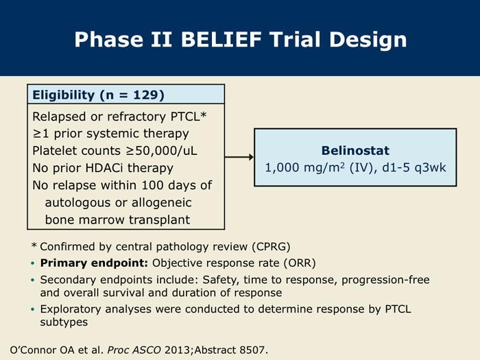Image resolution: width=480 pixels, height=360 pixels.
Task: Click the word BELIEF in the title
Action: click(221, 39)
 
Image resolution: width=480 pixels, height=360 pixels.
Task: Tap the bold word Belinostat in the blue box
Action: click(355, 150)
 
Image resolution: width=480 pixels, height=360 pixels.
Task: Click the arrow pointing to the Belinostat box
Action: click(239, 157)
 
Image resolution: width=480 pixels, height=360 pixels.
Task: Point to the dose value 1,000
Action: click(282, 168)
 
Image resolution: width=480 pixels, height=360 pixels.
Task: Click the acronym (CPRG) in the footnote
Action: click(271, 246)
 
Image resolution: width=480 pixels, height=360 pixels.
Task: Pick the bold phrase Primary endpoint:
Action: click(94, 263)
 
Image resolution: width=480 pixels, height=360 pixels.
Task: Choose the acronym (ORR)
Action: click(300, 263)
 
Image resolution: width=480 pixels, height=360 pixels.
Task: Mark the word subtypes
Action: click(64, 322)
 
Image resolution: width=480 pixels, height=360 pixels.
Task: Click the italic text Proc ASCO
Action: click(134, 350)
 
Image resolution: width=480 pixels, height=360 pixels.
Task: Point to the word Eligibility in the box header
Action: click(63, 95)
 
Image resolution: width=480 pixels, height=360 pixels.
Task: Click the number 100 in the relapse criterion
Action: click(152, 185)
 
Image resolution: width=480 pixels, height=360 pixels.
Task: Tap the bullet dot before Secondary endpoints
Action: click(33, 280)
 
